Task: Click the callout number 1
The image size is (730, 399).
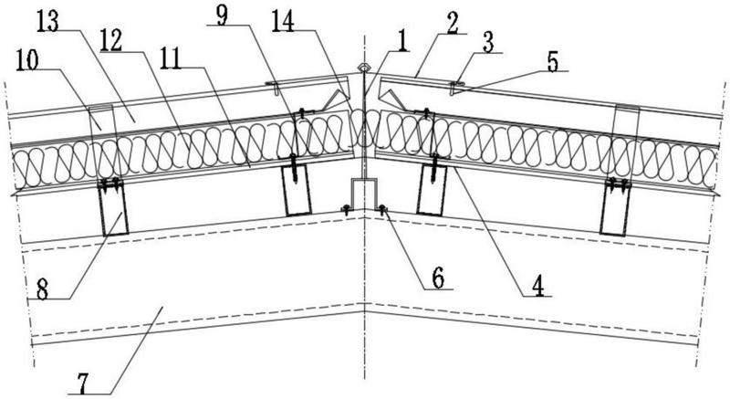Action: [401, 41]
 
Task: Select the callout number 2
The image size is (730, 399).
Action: [452, 25]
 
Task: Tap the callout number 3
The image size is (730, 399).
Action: [487, 43]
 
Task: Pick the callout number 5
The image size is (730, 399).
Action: [552, 62]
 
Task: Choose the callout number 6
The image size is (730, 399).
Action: [438, 278]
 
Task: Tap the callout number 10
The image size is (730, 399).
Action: [28, 60]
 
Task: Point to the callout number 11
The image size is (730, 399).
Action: [172, 58]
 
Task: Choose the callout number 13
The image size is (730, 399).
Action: [48, 21]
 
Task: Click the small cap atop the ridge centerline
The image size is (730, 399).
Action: [363, 68]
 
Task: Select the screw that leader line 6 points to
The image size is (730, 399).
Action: [382, 210]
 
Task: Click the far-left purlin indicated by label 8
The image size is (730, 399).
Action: [113, 208]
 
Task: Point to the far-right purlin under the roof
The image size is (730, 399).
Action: [615, 208]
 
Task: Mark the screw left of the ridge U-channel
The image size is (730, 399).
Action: [346, 209]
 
